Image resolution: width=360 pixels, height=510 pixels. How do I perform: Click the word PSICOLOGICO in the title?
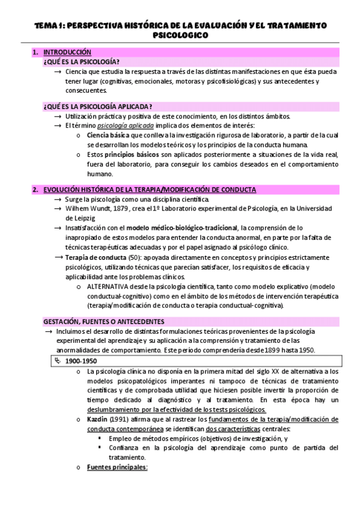pos(180,35)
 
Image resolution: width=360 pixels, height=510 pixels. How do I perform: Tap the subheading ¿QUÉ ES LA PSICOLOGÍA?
pos(81,61)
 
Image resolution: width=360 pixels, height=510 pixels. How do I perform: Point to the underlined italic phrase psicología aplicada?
pos(125,125)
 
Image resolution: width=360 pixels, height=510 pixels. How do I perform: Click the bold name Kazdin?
pos(98,419)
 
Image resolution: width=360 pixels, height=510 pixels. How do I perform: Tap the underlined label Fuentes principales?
pos(117,467)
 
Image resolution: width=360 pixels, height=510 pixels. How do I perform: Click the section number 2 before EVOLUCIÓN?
pos(35,189)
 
